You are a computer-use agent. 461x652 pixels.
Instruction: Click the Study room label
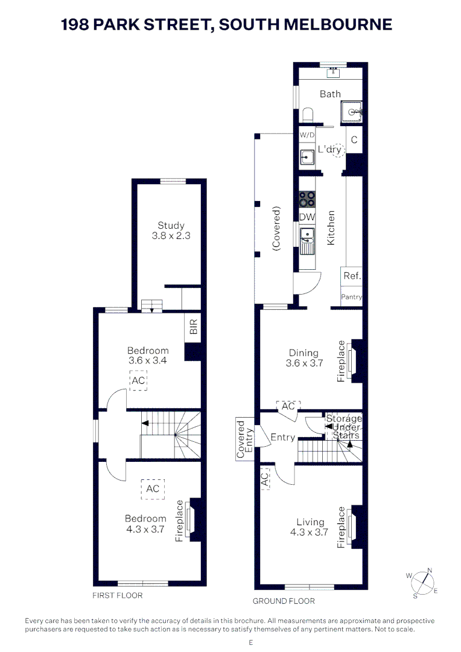(171, 225)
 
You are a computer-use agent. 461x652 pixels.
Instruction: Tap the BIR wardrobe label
(193, 327)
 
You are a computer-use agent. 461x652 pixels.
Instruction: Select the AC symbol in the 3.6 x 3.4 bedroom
(138, 380)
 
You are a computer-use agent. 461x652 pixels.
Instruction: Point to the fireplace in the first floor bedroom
(190, 520)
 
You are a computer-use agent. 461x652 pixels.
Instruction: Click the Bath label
(330, 94)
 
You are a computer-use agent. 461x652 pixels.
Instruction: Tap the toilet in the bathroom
(308, 115)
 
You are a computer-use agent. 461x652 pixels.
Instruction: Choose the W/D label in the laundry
(307, 135)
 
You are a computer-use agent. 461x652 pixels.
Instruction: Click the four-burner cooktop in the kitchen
(307, 199)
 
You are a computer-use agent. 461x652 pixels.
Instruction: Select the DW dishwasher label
(307, 217)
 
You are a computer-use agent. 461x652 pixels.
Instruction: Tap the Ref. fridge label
(352, 276)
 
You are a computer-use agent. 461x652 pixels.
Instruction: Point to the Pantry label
(351, 297)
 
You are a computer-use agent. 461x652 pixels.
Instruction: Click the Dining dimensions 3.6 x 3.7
(304, 363)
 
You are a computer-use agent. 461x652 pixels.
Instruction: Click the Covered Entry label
(244, 439)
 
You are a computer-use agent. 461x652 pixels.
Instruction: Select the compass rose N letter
(430, 570)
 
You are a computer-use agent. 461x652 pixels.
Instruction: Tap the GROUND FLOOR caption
(284, 601)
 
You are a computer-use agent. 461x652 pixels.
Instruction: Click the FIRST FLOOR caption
(117, 595)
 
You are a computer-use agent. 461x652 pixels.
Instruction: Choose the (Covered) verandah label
(276, 228)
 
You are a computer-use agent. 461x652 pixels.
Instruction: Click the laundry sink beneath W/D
(307, 157)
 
